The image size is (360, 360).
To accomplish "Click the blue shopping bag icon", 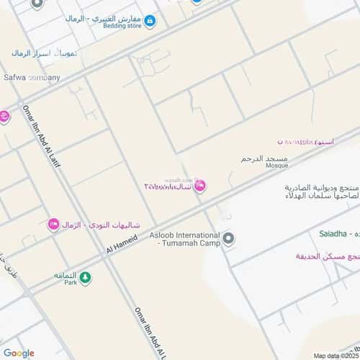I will tap(149, 21).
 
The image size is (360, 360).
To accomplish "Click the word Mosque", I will tap(276, 165).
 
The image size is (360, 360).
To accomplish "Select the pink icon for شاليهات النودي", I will tap(53, 225).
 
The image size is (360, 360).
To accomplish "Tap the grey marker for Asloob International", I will tap(228, 238).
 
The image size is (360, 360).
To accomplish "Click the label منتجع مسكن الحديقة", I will tap(328, 256).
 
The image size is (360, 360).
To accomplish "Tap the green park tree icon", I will tap(85, 277).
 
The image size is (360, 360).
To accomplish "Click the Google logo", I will tap(19, 353).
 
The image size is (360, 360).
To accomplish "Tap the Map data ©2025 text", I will tap(334, 355).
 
